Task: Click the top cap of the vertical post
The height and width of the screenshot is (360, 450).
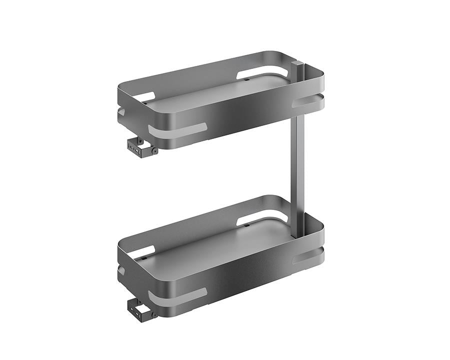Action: [x=297, y=63]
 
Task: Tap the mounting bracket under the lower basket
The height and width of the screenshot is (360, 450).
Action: [x=140, y=310]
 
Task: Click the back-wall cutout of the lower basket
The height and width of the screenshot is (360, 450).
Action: [x=262, y=218]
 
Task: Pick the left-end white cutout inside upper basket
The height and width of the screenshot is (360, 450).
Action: [x=144, y=97]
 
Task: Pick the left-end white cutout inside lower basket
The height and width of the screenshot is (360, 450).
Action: [x=144, y=252]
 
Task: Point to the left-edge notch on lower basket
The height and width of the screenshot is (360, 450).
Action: [x=121, y=270]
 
